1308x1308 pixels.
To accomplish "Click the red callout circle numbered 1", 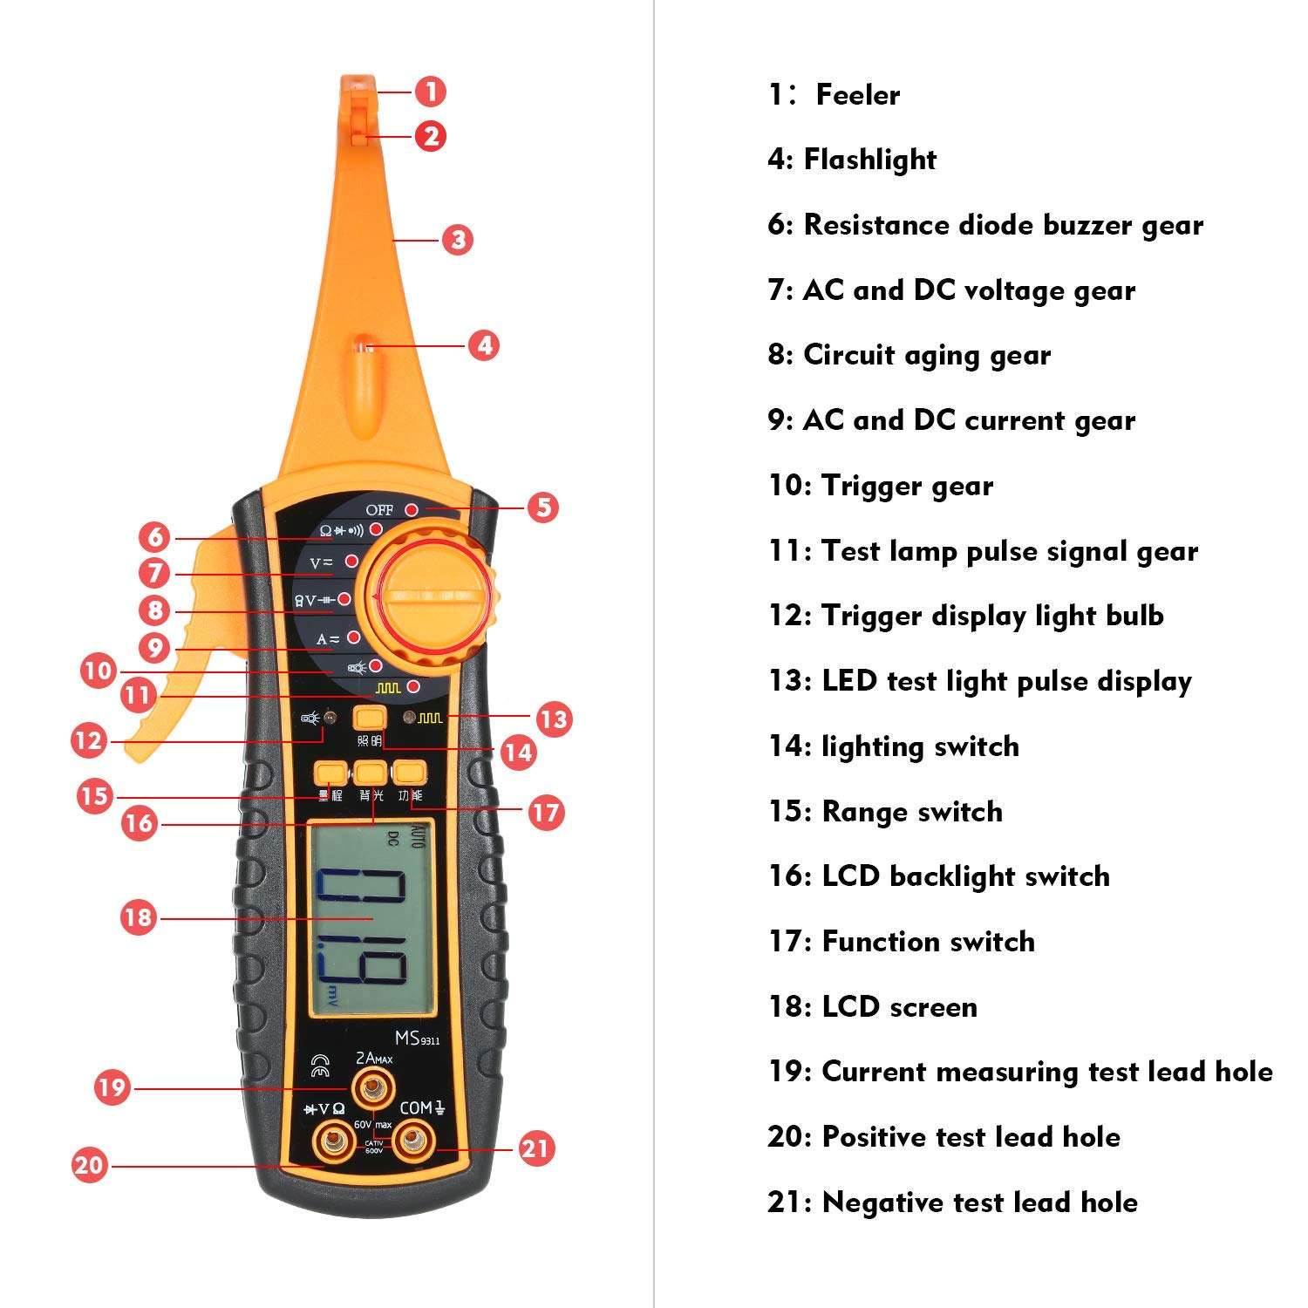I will coord(430,92).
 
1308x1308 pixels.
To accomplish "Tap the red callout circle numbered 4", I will coord(484,345).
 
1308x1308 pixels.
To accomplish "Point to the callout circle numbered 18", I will coord(138,917).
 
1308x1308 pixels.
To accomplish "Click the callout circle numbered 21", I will coord(535,1148).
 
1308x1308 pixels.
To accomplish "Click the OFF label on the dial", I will coord(379,510).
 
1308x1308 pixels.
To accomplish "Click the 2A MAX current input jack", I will coord(371,1087).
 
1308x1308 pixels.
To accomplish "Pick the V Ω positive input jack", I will coord(332,1139).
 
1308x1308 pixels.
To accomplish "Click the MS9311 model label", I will coord(417,1039).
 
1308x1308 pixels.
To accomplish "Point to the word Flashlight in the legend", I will coord(869,160).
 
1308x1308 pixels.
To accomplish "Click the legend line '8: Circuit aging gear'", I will coord(909,355).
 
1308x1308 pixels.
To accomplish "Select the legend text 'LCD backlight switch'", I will coord(965,876).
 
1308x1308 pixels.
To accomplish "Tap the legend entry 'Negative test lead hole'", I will coord(979,1202).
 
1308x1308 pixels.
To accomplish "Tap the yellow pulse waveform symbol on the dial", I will coord(388,688).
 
